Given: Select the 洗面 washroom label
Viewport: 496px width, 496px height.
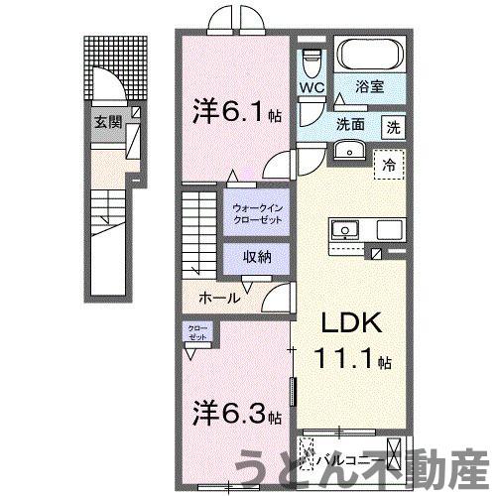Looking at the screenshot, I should [x=348, y=126].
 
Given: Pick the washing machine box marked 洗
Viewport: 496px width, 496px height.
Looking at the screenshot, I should [x=394, y=127].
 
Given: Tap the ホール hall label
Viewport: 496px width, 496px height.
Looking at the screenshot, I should [x=217, y=296].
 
